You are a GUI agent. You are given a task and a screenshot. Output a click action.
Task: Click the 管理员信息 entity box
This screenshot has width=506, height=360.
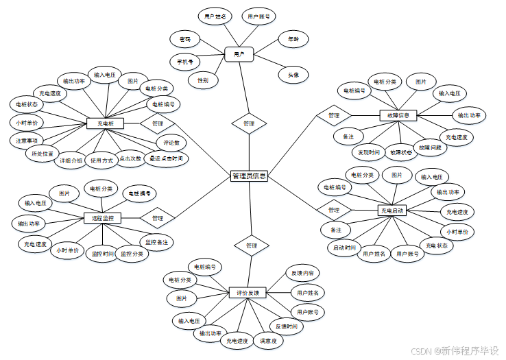pos(249,176)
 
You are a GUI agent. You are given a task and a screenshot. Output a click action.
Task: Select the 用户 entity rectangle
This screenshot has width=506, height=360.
pos(239,53)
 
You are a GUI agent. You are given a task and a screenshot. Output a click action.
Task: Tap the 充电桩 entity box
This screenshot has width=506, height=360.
pos(105,124)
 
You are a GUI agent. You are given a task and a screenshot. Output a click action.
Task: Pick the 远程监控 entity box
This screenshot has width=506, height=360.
pos(102,218)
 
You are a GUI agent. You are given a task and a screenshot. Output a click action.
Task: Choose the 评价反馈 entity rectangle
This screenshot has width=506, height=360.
pos(246,293)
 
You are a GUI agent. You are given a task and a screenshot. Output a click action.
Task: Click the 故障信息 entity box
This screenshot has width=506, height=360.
pos(398,115)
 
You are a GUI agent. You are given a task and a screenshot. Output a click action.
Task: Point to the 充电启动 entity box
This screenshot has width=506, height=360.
pos(391,210)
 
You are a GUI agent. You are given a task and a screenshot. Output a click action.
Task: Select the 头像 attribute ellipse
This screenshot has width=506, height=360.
pos(293,75)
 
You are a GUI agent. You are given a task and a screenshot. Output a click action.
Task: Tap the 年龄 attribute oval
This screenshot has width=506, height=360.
pos(293,39)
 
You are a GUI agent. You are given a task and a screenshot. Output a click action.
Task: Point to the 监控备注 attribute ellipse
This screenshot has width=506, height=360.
pos(156,242)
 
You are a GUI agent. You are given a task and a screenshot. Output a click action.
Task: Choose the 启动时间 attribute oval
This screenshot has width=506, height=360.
pos(345,248)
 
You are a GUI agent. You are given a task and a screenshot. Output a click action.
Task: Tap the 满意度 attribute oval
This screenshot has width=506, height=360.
pos(269,339)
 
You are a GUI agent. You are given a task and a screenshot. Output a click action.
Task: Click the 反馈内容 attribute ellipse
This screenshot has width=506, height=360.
pos(302,273)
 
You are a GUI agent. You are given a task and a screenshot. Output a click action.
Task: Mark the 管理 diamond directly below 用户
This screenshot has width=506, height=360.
pos(248,123)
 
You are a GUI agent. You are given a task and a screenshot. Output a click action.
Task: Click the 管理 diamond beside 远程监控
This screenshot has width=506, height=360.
pos(158,218)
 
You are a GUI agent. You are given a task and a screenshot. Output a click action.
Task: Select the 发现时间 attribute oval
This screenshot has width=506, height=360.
pos(369,152)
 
